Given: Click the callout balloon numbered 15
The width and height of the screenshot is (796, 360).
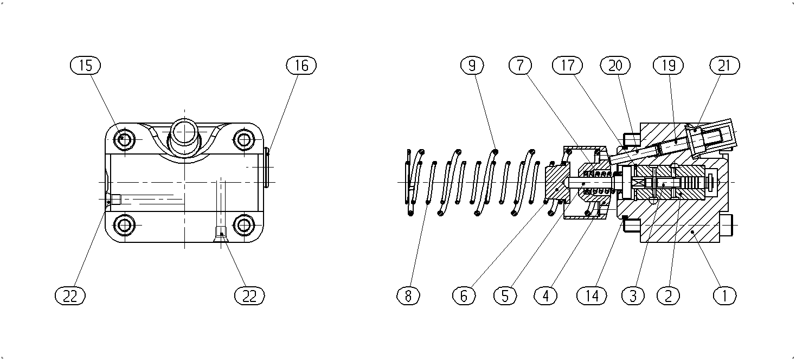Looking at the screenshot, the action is [85, 66].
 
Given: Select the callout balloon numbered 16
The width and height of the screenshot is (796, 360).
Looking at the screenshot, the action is [301, 66].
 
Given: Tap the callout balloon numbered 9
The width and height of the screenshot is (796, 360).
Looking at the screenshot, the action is [472, 66].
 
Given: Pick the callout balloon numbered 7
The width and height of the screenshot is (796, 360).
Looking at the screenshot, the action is [520, 66].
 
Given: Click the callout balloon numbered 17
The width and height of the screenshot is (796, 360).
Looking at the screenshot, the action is [568, 66].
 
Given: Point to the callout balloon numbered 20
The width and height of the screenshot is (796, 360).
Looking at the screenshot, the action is [615, 66].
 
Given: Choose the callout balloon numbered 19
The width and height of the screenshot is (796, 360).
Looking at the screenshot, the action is [669, 66].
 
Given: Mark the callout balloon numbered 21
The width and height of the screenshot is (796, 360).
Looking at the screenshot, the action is [724, 66].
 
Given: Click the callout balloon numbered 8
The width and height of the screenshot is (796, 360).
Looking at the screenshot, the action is [408, 295].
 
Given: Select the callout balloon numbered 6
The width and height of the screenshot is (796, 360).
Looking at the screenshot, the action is [464, 295].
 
